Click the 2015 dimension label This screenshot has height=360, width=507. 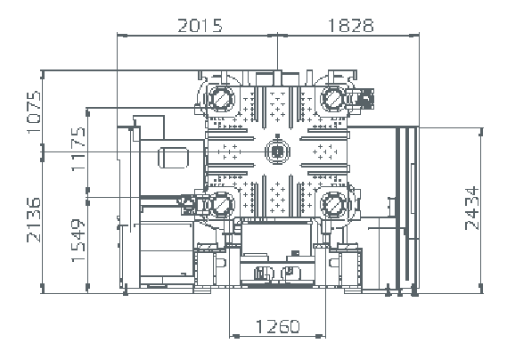pyautogui.click(x=200, y=26)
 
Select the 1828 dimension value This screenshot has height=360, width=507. pyautogui.click(x=351, y=26)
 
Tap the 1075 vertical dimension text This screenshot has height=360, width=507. pyautogui.click(x=34, y=112)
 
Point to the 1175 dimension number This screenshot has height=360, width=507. pyautogui.click(x=78, y=149)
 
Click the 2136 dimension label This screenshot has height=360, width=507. pyautogui.click(x=34, y=219)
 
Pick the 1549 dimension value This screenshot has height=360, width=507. pyautogui.click(x=78, y=241)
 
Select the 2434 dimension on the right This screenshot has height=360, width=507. pyautogui.click(x=471, y=209)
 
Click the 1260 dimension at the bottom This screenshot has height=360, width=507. pyautogui.click(x=278, y=326)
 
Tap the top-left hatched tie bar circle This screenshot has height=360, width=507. pyautogui.click(x=222, y=97)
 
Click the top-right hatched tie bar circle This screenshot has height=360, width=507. pyautogui.click(x=332, y=97)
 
